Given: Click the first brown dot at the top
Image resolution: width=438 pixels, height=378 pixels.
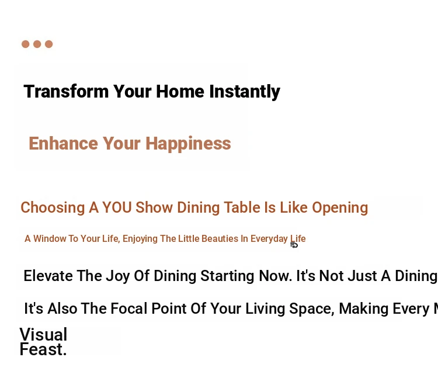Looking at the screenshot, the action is (x=26, y=44).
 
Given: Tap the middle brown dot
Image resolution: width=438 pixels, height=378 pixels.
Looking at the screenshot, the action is (x=37, y=44).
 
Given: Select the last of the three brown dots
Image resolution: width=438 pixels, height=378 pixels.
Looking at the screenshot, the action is (x=49, y=44).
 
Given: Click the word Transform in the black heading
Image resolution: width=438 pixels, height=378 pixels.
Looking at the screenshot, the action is (x=66, y=91).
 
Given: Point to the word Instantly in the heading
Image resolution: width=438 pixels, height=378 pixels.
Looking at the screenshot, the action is (x=245, y=92).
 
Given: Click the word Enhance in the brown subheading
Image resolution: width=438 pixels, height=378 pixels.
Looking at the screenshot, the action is (x=64, y=143).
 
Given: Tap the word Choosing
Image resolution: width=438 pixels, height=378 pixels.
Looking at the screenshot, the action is (x=53, y=208).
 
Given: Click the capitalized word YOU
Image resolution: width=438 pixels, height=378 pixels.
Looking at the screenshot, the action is (x=117, y=207).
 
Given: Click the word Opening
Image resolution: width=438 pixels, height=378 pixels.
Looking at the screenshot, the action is (x=340, y=208).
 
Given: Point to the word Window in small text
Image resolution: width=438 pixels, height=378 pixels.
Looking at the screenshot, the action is (x=50, y=238).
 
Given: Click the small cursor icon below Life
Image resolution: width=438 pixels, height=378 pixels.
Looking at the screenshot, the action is (x=294, y=245).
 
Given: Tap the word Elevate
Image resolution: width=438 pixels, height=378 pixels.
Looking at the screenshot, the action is (x=48, y=276).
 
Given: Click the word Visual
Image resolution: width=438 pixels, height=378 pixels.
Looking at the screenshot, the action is (x=43, y=334).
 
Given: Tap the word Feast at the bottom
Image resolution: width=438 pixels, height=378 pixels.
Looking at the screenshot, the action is (x=43, y=349).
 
